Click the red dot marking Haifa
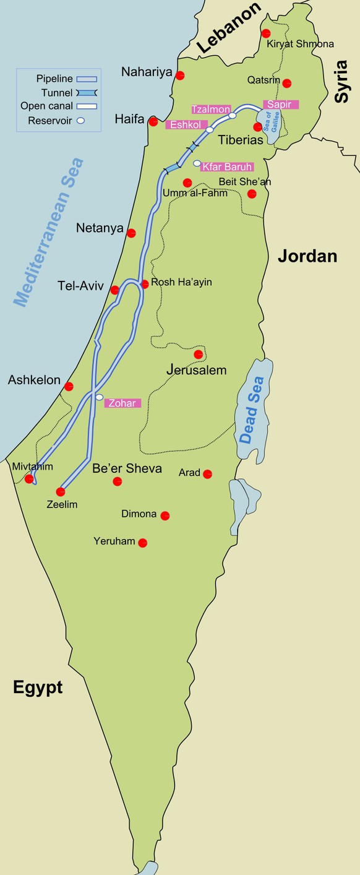(153, 122)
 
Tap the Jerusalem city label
(197, 370)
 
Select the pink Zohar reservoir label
(122, 403)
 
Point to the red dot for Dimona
(165, 515)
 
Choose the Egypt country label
(38, 687)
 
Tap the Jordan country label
(307, 256)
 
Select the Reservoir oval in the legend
(80, 121)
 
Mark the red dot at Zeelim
(61, 492)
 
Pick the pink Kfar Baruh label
(227, 166)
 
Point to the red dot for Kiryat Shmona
(266, 33)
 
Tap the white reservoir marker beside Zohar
(99, 397)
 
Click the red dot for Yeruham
(143, 543)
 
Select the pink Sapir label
(280, 105)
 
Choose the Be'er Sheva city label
(127, 468)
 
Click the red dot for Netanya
(131, 233)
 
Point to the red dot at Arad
(208, 474)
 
